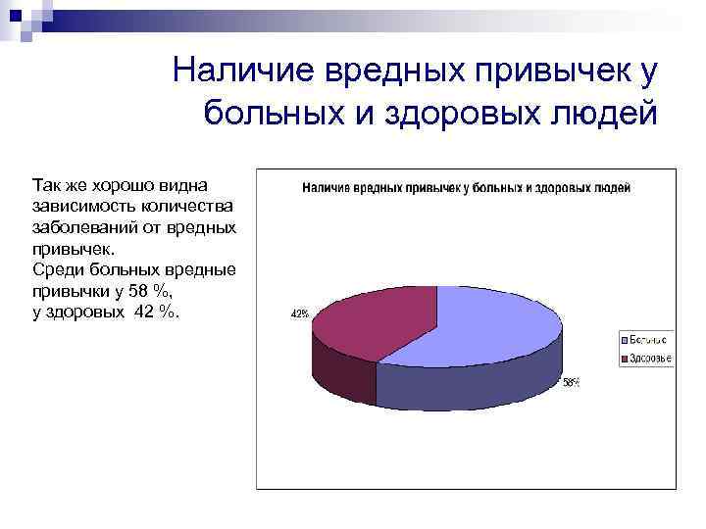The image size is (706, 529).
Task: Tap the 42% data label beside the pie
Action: [x=299, y=314]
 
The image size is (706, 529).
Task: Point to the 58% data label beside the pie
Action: [x=571, y=383]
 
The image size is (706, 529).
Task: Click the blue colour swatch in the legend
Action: [x=625, y=339]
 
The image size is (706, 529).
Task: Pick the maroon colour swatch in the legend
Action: [x=625, y=360]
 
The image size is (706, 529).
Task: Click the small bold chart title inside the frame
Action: [x=466, y=186]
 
